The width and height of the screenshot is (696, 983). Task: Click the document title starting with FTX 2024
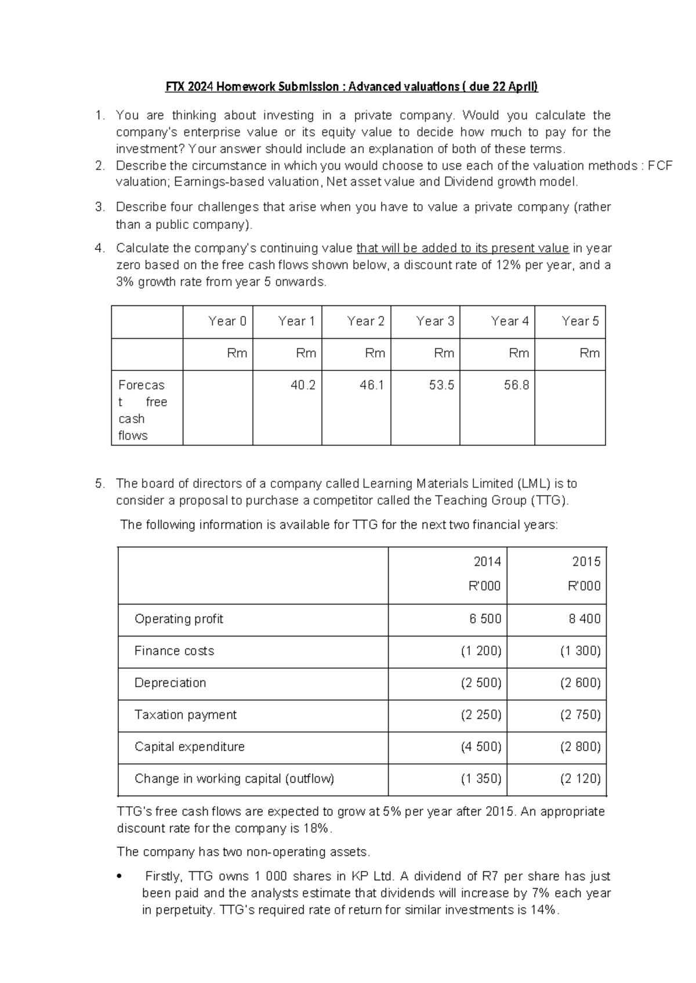(351, 87)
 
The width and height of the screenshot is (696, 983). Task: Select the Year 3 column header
(435, 321)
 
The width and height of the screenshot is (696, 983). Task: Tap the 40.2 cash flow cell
(303, 385)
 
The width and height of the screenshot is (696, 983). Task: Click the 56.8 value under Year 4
(516, 385)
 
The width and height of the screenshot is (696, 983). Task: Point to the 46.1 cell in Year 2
(372, 385)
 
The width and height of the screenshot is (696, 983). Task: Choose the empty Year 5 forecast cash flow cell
(570, 407)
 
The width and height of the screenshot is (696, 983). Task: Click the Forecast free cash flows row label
(143, 410)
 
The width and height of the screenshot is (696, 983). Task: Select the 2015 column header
(586, 562)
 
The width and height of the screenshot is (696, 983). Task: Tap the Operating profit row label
(179, 619)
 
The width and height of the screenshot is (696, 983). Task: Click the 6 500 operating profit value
(485, 619)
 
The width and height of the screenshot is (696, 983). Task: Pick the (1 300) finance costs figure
(580, 651)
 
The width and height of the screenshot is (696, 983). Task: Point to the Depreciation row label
(170, 683)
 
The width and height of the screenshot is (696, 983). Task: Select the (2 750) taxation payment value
(580, 715)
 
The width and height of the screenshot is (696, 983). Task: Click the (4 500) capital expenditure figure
(481, 747)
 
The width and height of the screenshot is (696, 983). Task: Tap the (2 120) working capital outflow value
(580, 778)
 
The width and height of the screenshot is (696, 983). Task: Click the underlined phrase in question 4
(462, 249)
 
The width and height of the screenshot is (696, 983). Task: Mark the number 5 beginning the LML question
(100, 484)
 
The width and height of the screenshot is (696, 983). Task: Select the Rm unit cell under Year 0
(237, 353)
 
